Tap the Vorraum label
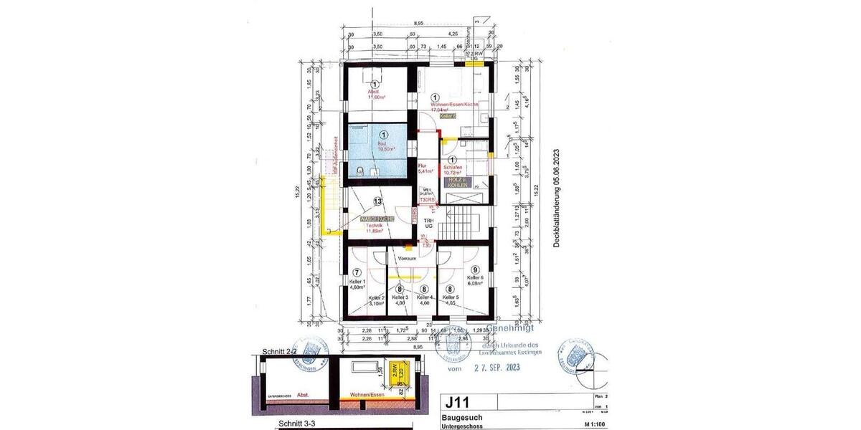coord(408,257)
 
